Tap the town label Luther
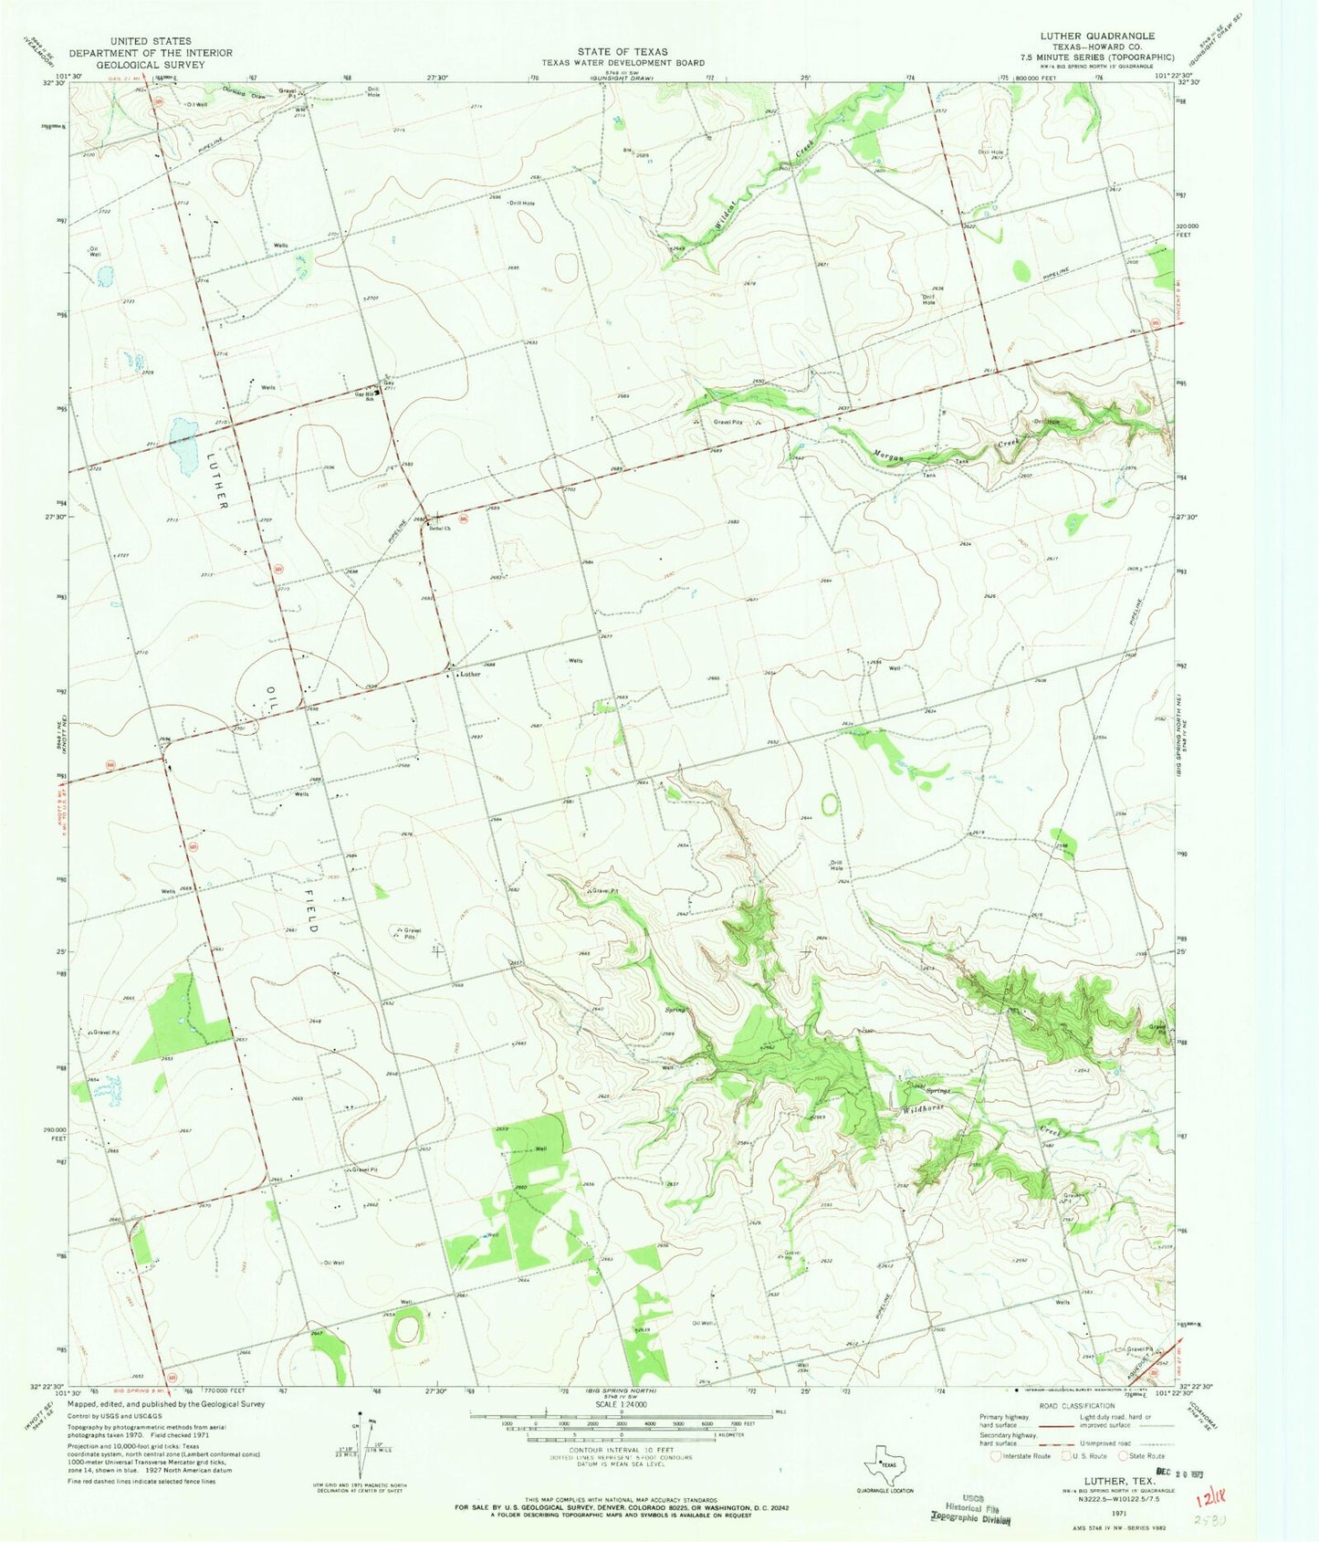coord(470,675)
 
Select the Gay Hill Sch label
coord(365,395)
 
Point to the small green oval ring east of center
coord(830,804)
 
